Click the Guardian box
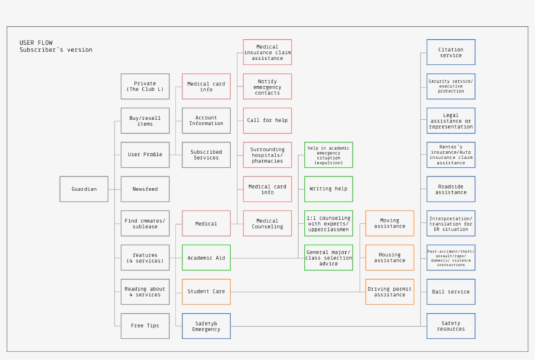pyautogui.click(x=84, y=189)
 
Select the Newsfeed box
pyautogui.click(x=145, y=189)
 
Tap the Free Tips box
pyautogui.click(x=145, y=325)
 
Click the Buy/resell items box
pyautogui.click(x=145, y=121)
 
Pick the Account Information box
pyautogui.click(x=206, y=121)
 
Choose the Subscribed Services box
pyautogui.click(x=206, y=155)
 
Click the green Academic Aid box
pyautogui.click(x=206, y=258)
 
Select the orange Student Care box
pyautogui.click(x=206, y=292)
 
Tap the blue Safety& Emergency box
pyautogui.click(x=206, y=325)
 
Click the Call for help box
pyautogui.click(x=267, y=121)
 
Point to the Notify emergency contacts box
pyautogui.click(x=267, y=86)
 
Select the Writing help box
pyautogui.click(x=329, y=189)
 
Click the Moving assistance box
pyautogui.click(x=390, y=224)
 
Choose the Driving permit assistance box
pyautogui.click(x=390, y=292)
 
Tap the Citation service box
pyautogui.click(x=451, y=52)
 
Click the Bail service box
pyautogui.click(x=451, y=292)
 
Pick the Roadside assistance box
pyautogui.click(x=451, y=189)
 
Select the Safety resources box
pyautogui.click(x=451, y=325)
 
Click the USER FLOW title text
pyautogui.click(x=37, y=42)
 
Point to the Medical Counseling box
pyautogui.click(x=267, y=224)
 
